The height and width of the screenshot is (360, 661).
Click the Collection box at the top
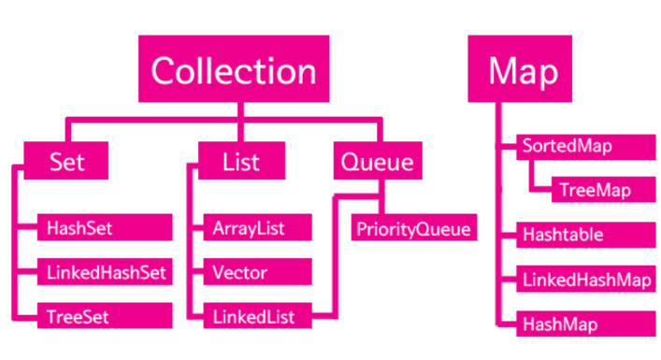pos(234,68)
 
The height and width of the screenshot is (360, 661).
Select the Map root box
pos(520,68)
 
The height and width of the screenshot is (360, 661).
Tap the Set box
pos(66,161)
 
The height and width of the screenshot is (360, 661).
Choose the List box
pos(241,161)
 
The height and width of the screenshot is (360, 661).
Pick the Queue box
pos(378,161)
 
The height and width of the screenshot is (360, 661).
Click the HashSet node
pos(105,227)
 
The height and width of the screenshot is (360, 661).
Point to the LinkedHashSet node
pos(105,271)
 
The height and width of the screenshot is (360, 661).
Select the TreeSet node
pos(105,315)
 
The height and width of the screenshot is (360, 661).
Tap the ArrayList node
pos(257,227)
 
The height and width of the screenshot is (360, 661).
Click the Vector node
pos(257,271)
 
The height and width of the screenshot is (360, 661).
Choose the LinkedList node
pos(257,315)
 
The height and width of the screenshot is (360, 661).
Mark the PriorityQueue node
pos(414,227)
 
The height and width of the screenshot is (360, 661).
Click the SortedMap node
pos(586,147)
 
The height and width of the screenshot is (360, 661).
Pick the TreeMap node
pos(604,190)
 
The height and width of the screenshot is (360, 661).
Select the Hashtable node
pos(586,235)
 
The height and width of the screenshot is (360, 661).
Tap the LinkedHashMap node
pos(586,279)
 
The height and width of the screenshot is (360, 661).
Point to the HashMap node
pos(586,324)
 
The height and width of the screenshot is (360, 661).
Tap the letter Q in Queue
pos(350,163)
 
